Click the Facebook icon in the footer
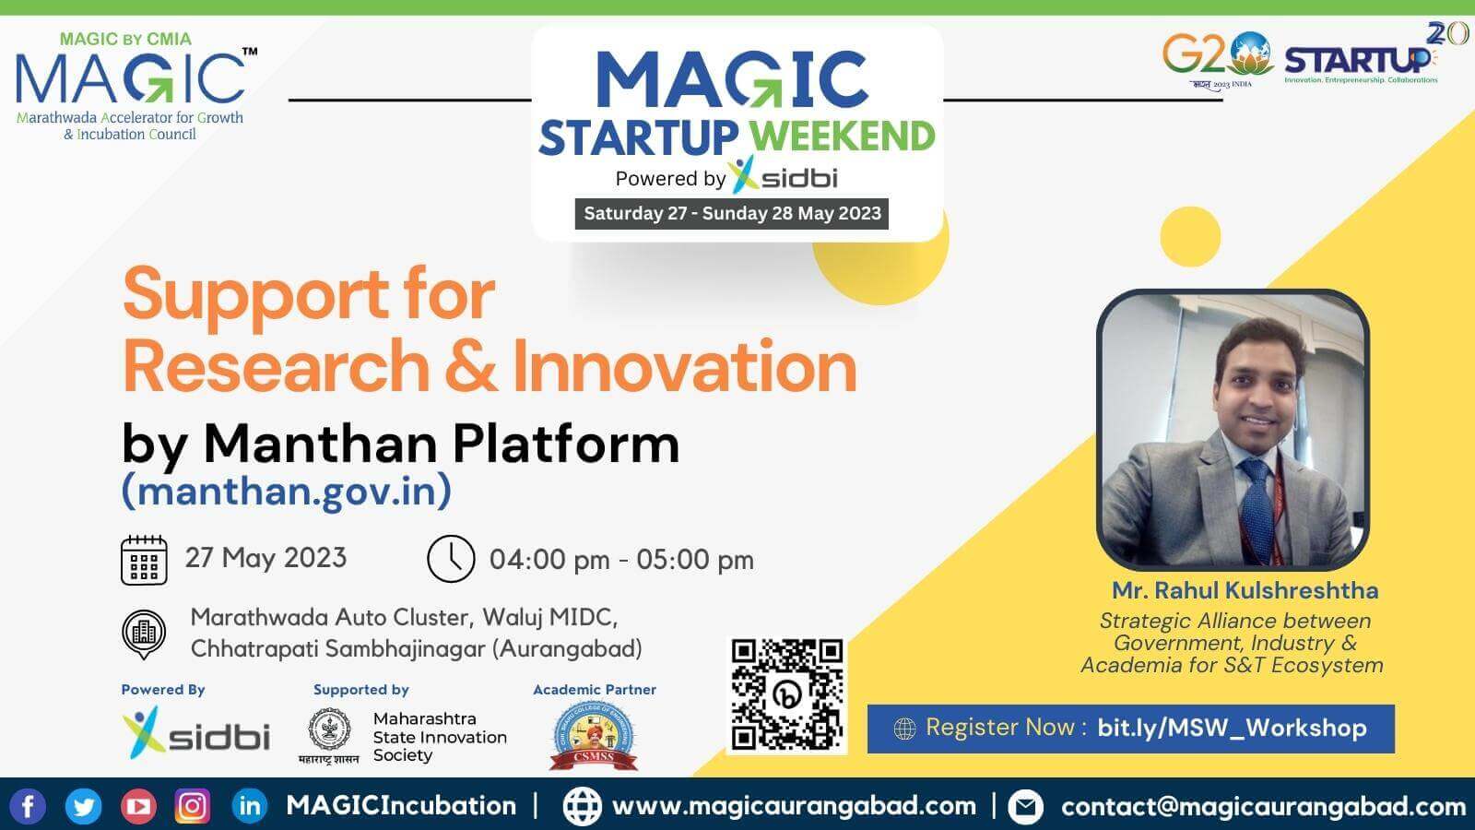pos(28,806)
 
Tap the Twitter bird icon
pos(83,807)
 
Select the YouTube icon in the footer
pos(138,807)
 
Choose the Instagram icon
pos(192,807)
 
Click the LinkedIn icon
pos(249,806)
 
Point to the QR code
pos(787,694)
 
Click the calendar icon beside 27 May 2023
pos(144,560)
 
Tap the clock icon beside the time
pos(450,559)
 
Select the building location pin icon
pos(144,634)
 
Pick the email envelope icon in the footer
pos(1025,807)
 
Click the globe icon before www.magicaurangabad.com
pos(582,806)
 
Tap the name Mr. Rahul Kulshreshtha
pos(1245,590)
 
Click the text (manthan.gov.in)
pos(287,491)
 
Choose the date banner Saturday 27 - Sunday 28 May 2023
pos(732,213)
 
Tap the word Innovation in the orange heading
pos(684,366)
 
